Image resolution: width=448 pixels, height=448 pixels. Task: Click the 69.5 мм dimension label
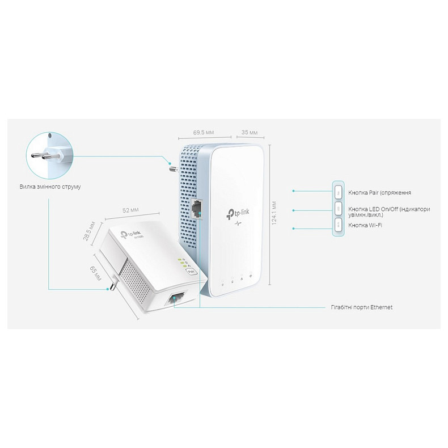[203, 132]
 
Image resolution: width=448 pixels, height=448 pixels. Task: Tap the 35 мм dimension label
[250, 132]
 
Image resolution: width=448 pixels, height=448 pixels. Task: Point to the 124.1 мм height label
[274, 212]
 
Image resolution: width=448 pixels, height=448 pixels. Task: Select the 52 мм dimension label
[130, 210]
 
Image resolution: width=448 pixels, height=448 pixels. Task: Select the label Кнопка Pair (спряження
[380, 192]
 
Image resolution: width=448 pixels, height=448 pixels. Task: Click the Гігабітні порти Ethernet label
[361, 307]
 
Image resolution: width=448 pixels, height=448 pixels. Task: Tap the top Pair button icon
[337, 192]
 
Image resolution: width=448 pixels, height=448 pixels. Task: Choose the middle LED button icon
[337, 209]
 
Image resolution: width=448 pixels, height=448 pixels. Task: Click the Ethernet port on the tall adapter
[198, 209]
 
